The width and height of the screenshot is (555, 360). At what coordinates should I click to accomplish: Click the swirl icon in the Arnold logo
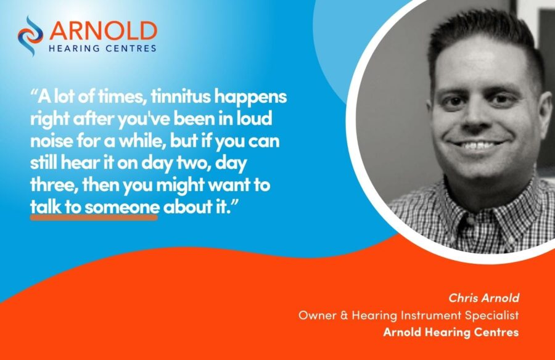30,36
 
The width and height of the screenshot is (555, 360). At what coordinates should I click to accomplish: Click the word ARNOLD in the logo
103,31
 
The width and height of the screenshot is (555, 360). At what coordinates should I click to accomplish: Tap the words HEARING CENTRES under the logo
102,49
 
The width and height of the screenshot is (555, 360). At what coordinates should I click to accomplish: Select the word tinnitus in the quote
181,96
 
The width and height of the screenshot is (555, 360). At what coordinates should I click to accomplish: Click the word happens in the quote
250,97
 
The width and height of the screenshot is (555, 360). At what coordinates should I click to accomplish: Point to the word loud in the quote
254,118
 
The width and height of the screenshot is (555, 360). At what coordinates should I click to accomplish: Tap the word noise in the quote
50,141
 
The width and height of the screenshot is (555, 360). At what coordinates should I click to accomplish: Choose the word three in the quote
54,185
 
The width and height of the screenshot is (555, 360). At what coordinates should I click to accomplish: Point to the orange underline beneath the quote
94,218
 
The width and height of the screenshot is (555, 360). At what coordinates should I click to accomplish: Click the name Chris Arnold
483,298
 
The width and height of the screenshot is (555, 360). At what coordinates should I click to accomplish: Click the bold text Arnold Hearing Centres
451,332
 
